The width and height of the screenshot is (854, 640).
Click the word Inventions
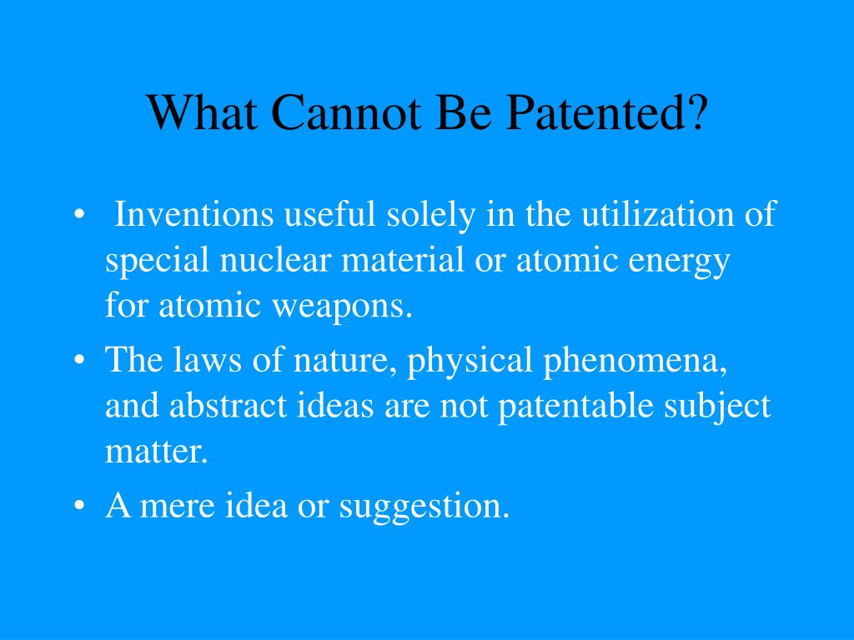point(194,215)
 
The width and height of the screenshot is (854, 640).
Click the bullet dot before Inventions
point(79,216)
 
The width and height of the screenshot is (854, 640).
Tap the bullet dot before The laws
point(79,361)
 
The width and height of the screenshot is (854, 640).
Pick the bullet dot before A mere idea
point(79,506)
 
